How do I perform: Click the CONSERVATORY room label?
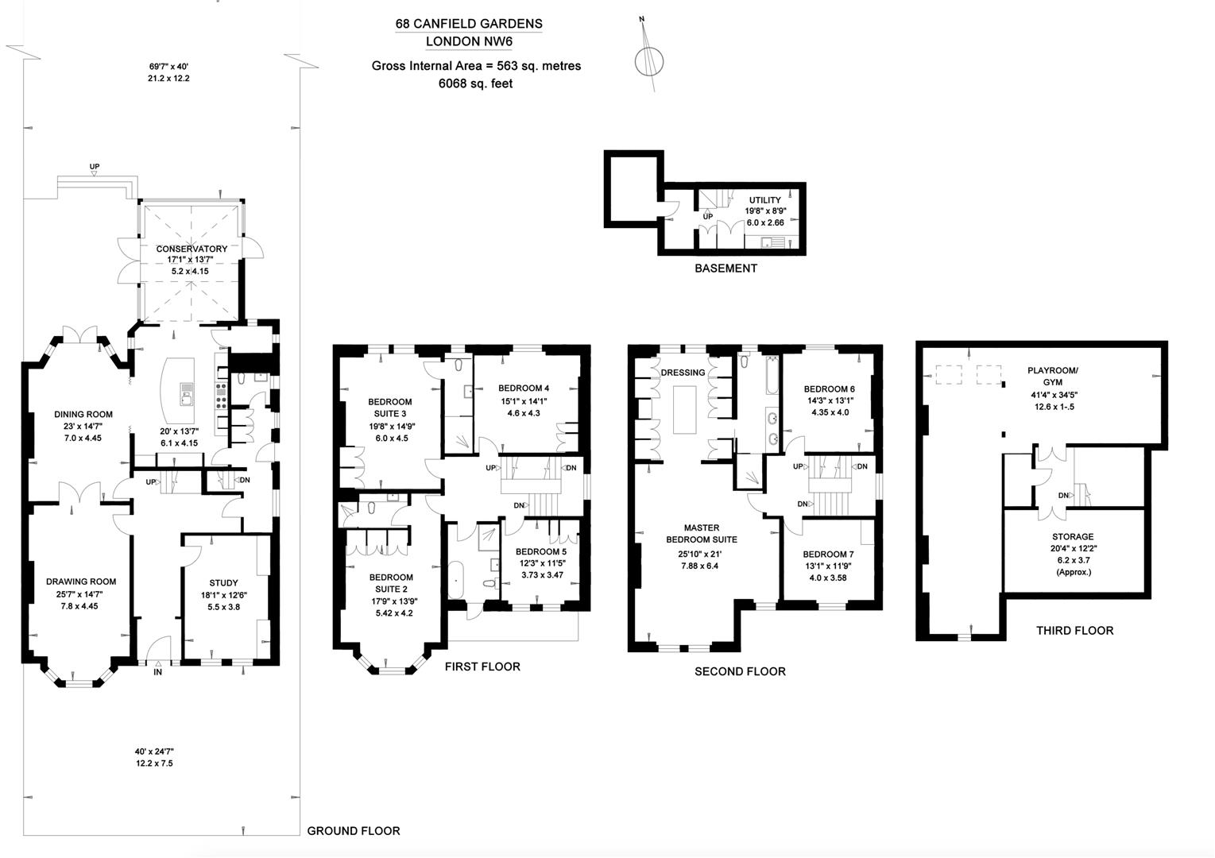click(192, 249)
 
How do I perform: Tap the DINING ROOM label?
click(83, 414)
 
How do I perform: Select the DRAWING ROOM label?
click(81, 582)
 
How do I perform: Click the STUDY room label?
click(223, 582)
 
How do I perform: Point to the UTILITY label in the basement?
click(764, 200)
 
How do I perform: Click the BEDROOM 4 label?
click(524, 388)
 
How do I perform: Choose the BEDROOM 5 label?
click(541, 551)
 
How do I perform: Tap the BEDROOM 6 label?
click(829, 389)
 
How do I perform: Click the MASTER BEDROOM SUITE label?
click(702, 533)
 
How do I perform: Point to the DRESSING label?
click(683, 373)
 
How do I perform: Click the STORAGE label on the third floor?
click(1073, 537)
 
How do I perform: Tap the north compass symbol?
click(649, 60)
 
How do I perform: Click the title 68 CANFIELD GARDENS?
click(469, 24)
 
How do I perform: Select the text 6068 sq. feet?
click(476, 83)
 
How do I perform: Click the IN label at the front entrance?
click(157, 672)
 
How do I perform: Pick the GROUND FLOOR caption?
click(354, 831)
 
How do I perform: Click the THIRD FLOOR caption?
click(1074, 631)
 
